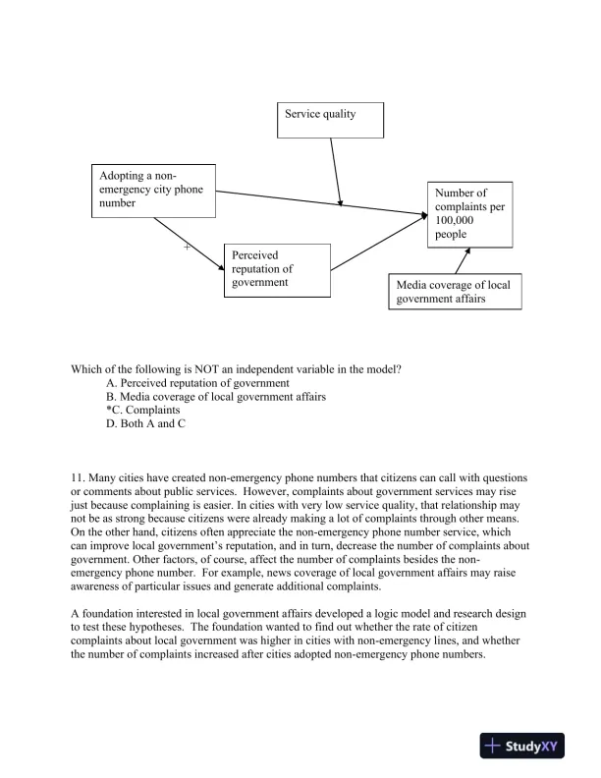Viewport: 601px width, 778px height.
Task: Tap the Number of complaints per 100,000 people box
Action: coord(468,214)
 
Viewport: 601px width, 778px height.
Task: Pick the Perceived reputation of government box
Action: coord(273,269)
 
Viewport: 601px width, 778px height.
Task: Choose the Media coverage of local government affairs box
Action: coord(454,292)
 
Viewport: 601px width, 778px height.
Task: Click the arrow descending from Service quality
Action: coord(336,172)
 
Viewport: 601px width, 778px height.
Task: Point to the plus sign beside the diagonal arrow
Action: coord(187,248)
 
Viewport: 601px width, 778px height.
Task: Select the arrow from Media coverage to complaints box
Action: coord(462,260)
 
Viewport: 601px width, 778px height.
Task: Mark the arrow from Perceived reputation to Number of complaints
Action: coord(378,245)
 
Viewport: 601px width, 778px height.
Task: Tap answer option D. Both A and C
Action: coord(145,423)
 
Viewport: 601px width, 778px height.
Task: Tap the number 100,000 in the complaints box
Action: coord(456,221)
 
